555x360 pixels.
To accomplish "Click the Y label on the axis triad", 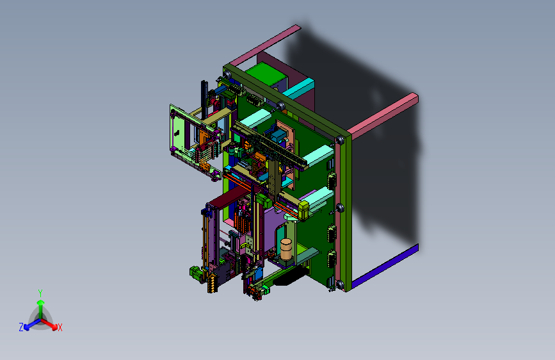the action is pos(40,293).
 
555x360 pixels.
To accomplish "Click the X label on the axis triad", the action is pos(60,328).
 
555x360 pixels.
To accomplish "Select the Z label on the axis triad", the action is pos(21,327).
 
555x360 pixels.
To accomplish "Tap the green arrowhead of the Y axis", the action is pos(41,303).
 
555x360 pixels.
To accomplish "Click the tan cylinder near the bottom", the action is pos(286,249).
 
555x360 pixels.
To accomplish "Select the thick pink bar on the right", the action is pos(383,116).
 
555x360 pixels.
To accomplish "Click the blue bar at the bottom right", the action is pos(385,266).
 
